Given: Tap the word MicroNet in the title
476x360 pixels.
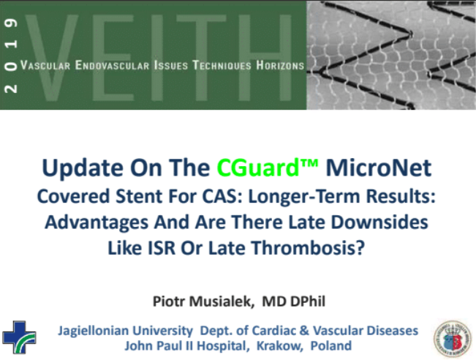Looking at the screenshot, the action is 378,168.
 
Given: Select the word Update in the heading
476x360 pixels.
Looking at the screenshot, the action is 83,168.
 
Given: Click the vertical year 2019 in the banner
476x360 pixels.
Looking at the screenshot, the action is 11,56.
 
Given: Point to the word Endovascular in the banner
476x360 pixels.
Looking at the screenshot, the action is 113,65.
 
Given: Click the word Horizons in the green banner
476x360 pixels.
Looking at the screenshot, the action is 280,65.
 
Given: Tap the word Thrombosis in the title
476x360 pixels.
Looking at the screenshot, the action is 308,248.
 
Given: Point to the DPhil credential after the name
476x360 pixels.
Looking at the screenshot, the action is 308,301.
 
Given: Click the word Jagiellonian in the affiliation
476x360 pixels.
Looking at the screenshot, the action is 125,331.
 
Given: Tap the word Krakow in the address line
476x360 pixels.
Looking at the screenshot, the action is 279,345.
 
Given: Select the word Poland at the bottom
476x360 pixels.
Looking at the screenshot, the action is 331,345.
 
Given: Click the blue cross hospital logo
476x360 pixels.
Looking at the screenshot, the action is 19,337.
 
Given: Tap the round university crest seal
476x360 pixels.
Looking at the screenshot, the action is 453,339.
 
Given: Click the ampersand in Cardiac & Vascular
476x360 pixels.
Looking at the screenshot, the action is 304,331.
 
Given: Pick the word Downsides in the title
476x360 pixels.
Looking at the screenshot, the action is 379,222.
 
